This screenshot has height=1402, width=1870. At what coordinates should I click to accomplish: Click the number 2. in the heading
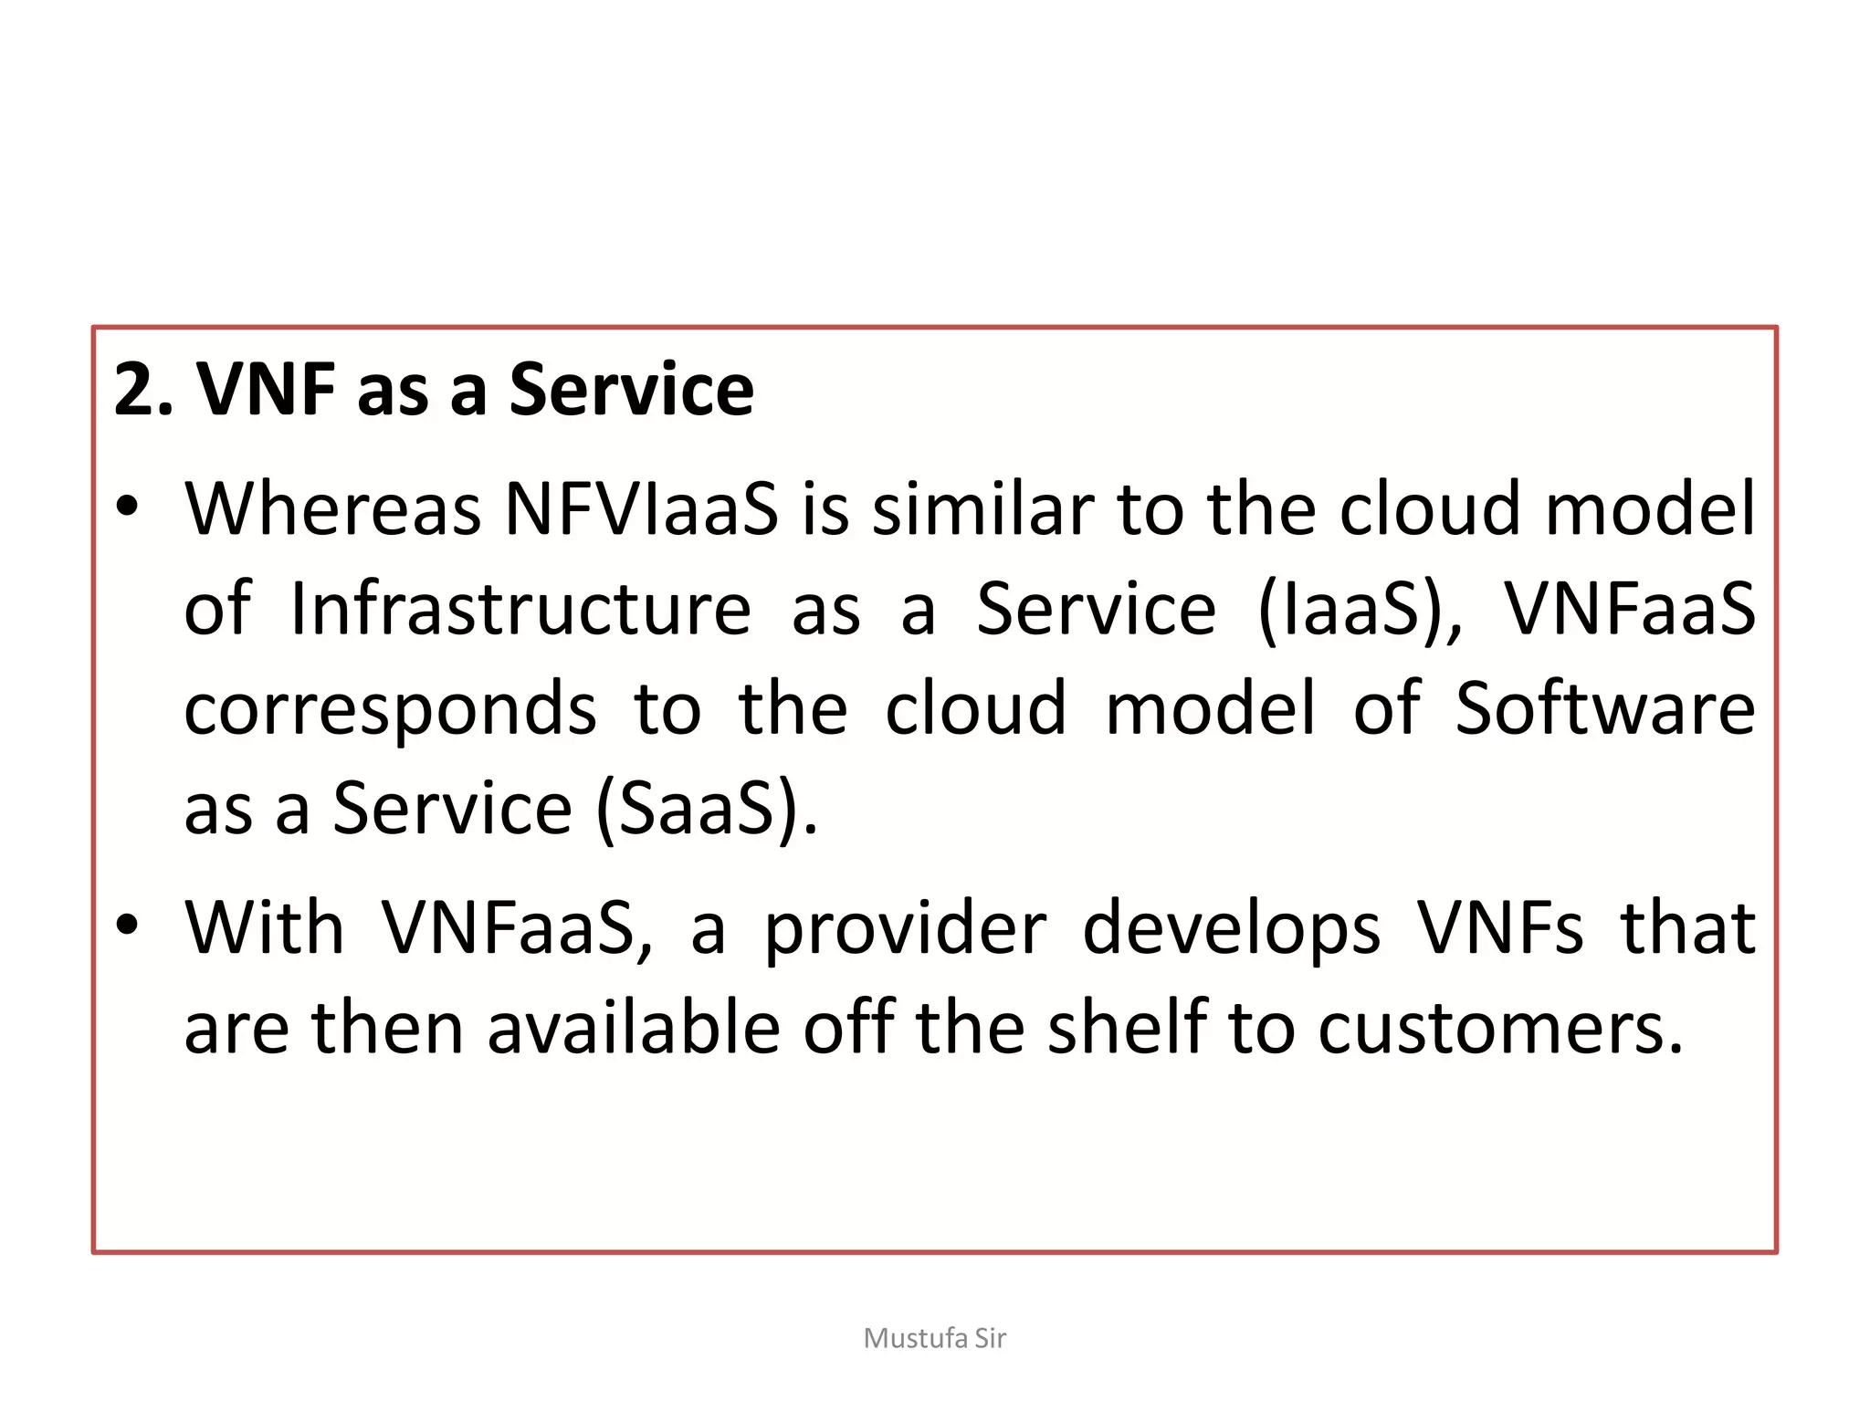142,390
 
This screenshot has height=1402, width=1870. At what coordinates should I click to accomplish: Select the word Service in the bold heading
631,390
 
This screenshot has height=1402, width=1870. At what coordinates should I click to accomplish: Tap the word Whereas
332,508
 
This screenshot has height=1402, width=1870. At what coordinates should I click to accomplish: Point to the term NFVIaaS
642,508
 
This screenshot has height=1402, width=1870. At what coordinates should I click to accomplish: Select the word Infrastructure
520,609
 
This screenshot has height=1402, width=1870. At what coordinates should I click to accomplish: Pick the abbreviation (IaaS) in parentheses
1359,609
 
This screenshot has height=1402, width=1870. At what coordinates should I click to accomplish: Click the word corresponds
390,709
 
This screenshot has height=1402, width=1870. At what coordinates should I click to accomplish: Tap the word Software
1604,709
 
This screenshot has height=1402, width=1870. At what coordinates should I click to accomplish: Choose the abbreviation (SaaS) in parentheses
706,809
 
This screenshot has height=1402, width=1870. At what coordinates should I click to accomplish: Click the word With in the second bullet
265,928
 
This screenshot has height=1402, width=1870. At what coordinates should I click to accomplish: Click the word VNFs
1500,928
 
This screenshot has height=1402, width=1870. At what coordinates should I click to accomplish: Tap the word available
634,1029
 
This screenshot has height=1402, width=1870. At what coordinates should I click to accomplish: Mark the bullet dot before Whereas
127,507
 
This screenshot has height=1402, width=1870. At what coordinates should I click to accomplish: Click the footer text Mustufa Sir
934,1338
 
